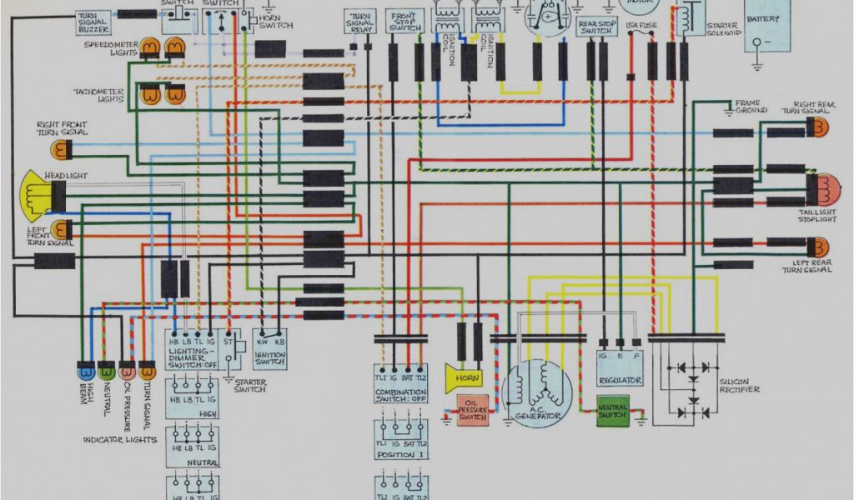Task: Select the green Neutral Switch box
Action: point(613,412)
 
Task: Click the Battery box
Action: point(766,24)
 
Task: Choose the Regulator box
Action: point(620,367)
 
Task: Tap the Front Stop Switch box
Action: point(405,22)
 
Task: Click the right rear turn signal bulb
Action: point(821,128)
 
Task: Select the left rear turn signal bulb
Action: point(821,247)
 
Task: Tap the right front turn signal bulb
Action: point(59,150)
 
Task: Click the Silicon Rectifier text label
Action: point(739,386)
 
